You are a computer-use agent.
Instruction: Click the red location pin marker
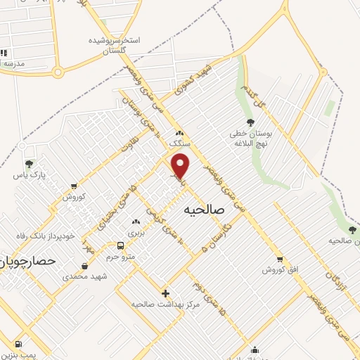point(181,165)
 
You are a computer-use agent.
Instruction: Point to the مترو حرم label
point(120,257)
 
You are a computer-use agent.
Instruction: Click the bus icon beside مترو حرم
point(121,246)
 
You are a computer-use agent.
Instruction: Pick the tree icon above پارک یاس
point(29,164)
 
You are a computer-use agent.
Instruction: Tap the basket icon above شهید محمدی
point(85,266)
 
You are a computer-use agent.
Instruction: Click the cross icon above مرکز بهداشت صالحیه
point(165,293)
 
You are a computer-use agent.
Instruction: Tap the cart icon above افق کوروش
point(280,259)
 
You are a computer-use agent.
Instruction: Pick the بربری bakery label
point(135,231)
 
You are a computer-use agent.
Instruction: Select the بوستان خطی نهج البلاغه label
point(250,137)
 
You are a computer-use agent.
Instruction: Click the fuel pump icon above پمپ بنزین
point(18,345)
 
